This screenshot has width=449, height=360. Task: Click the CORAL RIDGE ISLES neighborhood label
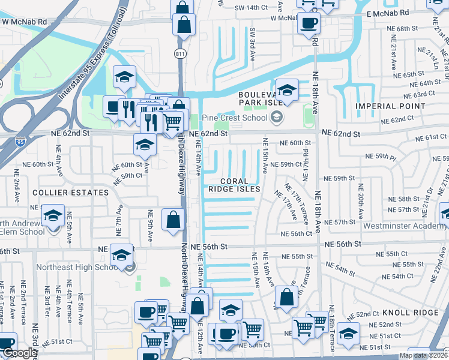point(234,185)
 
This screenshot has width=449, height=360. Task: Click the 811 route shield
point(180,53)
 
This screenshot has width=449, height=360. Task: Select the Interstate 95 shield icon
point(20,142)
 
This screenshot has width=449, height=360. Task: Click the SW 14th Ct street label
point(250,7)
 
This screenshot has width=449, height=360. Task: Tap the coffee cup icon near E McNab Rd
point(309,23)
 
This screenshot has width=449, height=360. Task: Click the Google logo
point(20,353)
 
